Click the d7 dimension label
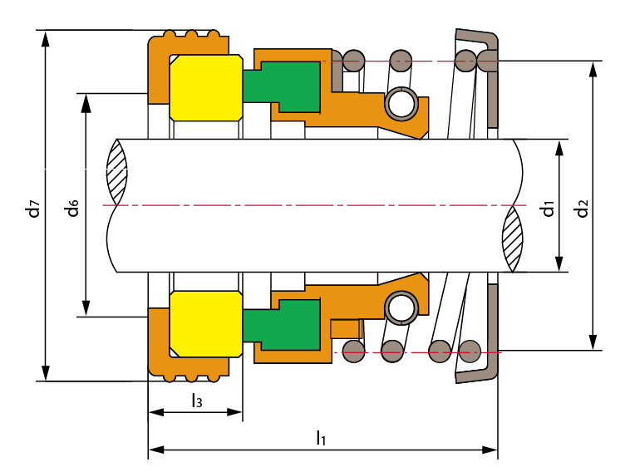point(32,207)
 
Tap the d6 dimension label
point(73,207)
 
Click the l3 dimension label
point(195,401)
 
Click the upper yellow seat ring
point(205,87)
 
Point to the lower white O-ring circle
point(403,308)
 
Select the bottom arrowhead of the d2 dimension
point(593,344)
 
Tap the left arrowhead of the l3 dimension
point(154,412)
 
